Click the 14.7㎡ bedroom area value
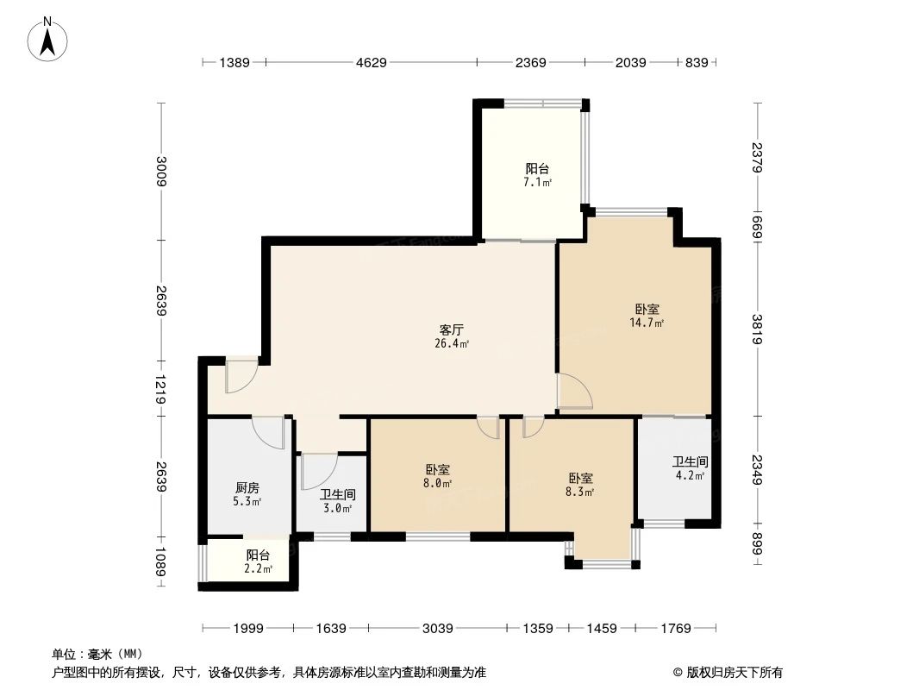tap(647, 323)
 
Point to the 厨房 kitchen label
tap(247, 486)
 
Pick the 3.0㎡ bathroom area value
tap(336, 508)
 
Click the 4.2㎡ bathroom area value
tap(691, 475)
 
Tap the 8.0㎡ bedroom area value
tap(437, 484)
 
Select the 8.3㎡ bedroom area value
tap(580, 492)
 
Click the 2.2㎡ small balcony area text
tap(258, 569)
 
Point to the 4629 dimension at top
tap(372, 62)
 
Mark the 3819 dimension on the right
tap(757, 329)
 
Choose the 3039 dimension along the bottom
tap(438, 628)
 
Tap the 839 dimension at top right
tap(696, 62)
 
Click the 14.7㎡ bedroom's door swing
tap(574, 390)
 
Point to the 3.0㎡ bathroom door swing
tap(317, 470)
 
